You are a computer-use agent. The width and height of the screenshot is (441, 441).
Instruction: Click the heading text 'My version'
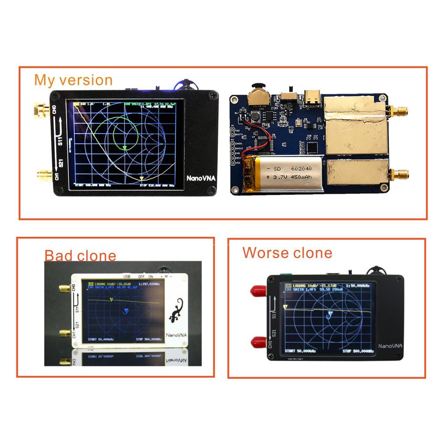point(73,80)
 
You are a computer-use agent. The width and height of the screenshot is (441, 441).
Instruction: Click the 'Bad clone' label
point(80,255)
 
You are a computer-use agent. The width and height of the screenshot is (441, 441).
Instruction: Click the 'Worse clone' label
point(287,253)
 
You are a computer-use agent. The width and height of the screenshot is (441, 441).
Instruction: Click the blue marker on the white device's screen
point(126,311)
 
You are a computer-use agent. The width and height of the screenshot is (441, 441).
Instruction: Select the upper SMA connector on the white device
point(64,289)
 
